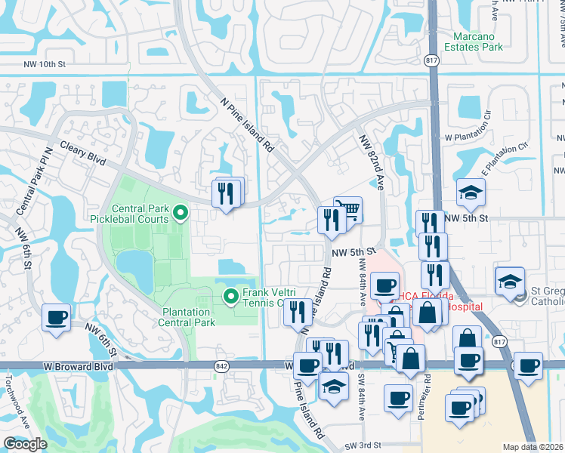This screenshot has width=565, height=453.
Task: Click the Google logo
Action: pyautogui.click(x=24, y=444)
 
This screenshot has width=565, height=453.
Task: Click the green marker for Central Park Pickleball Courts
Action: pyautogui.click(x=180, y=214)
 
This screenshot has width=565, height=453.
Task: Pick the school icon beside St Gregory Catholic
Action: pyautogui.click(x=510, y=282)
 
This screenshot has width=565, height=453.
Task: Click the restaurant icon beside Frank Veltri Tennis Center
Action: pyautogui.click(x=298, y=311)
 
